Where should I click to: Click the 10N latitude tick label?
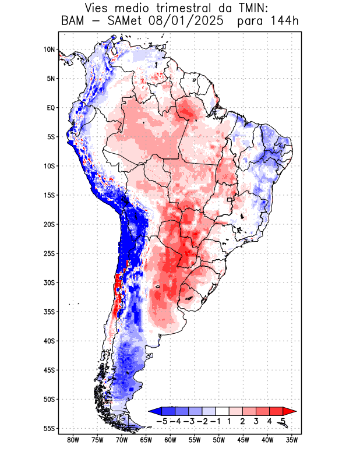point(49,50)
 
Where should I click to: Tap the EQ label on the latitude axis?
point(51,108)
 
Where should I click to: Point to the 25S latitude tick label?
point(49,253)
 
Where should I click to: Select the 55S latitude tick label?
point(49,428)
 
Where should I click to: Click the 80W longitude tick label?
point(73,440)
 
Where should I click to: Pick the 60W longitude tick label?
point(170,440)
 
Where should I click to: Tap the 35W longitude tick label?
point(291,440)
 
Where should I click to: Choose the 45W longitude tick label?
point(243,440)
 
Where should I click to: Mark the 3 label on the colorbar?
point(256,421)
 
